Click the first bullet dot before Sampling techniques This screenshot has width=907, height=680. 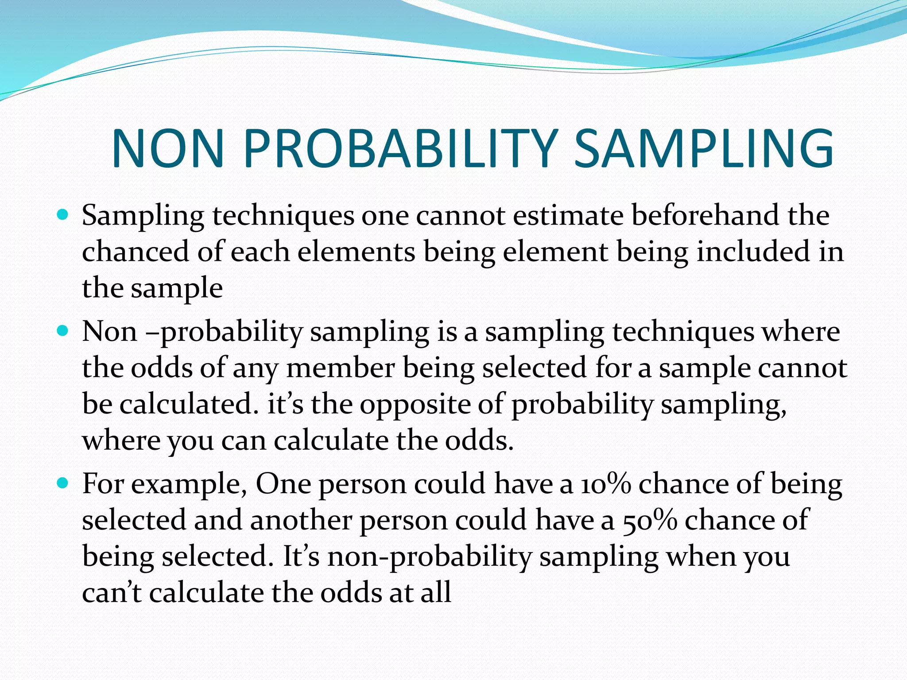(63, 216)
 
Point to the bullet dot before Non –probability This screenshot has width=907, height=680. (63, 331)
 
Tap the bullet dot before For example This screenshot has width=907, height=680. (63, 483)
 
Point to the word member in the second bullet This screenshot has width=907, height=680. (340, 368)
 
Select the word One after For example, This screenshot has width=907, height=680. (283, 484)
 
